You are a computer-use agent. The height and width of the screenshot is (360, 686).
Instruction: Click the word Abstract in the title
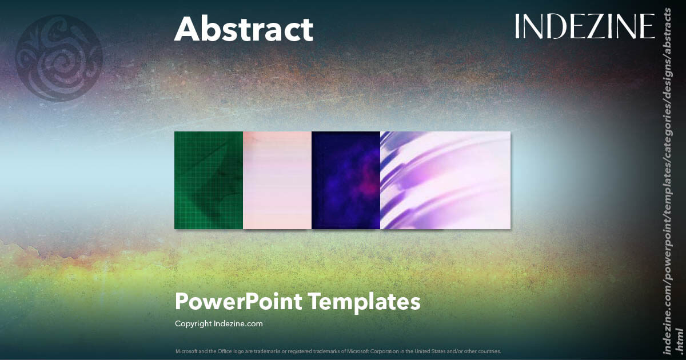coord(244,29)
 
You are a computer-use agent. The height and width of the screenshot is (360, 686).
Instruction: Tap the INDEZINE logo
coord(584,26)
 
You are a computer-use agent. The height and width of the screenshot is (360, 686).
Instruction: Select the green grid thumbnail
coord(209,180)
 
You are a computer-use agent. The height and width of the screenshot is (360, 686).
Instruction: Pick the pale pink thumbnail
coord(277,180)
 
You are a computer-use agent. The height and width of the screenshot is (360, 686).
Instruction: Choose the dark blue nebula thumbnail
coord(346,180)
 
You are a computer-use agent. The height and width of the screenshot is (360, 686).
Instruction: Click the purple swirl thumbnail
coord(445,180)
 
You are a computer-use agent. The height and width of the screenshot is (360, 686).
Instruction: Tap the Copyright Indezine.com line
coord(218,323)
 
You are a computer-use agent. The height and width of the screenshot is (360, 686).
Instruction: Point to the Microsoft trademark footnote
coord(338,351)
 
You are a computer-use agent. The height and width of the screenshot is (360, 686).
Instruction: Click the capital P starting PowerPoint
coord(182,301)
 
